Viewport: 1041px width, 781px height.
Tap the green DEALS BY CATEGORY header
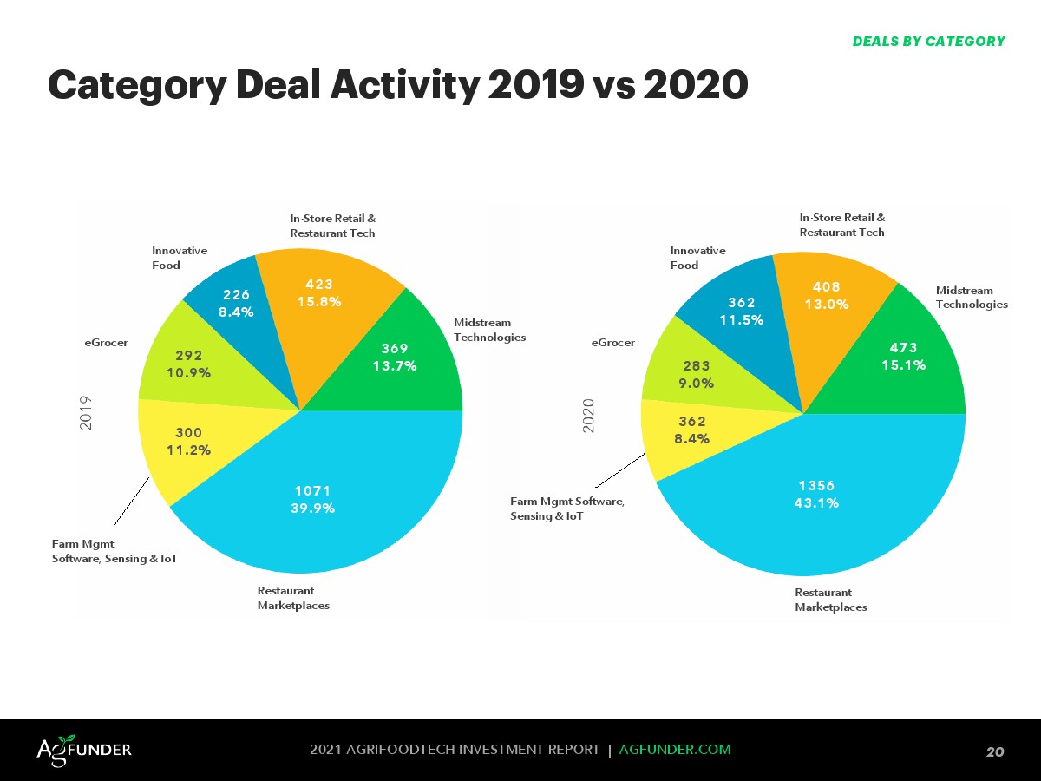[x=928, y=42]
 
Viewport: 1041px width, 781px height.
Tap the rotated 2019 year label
[x=85, y=413]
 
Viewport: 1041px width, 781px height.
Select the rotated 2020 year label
[x=589, y=416]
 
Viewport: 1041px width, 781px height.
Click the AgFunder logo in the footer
[x=84, y=749]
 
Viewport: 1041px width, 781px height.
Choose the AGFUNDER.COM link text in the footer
[x=675, y=749]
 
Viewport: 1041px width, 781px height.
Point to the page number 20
[x=995, y=751]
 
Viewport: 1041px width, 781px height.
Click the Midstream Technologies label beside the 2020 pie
[x=972, y=297]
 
